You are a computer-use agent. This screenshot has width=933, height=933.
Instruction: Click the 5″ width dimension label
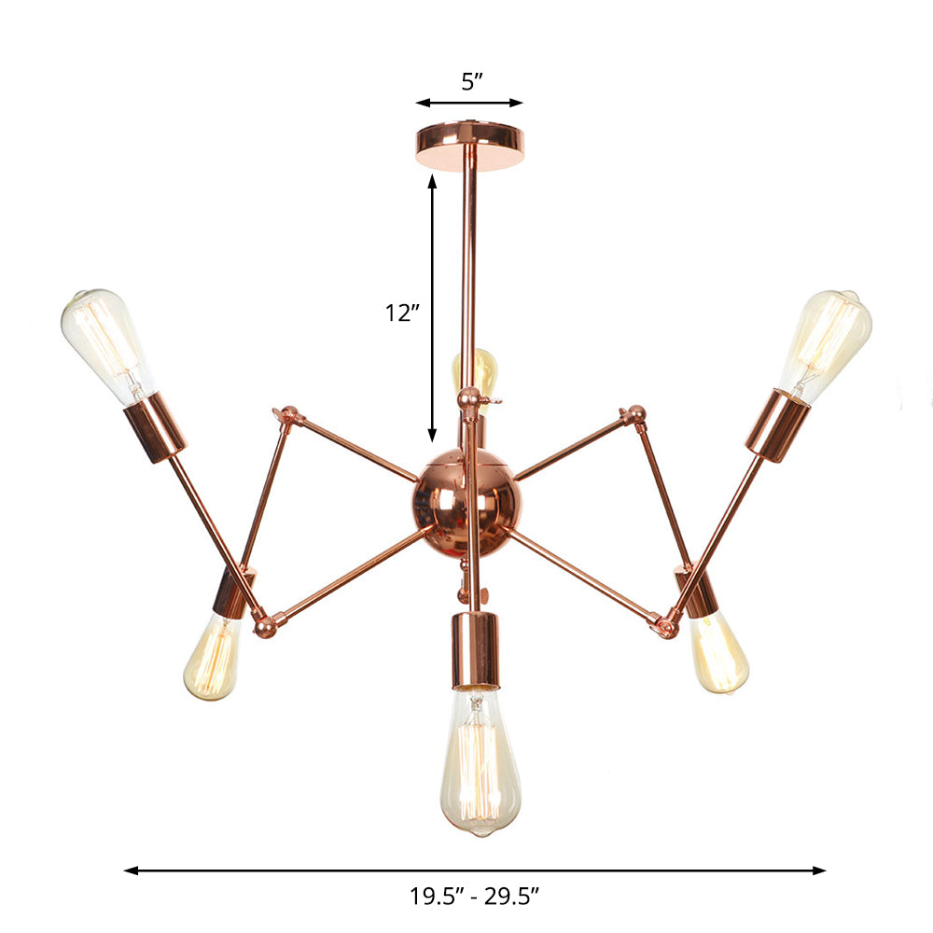pyautogui.click(x=470, y=81)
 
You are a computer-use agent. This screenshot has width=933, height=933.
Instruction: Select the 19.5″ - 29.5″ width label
pyautogui.click(x=475, y=898)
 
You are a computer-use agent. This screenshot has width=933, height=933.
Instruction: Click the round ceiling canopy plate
pyautogui.click(x=470, y=145)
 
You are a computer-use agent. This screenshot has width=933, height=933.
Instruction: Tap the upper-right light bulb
pyautogui.click(x=827, y=341)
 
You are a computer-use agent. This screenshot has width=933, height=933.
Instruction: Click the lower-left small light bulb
pyautogui.click(x=213, y=657)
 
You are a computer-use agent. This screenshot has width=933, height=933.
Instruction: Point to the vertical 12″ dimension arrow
pyautogui.click(x=432, y=308)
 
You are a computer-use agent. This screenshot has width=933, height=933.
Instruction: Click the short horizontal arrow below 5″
pyautogui.click(x=469, y=104)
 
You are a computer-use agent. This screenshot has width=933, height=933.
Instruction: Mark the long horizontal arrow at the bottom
pyautogui.click(x=475, y=870)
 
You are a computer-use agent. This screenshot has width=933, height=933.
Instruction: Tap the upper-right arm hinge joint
pyautogui.click(x=635, y=414)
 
